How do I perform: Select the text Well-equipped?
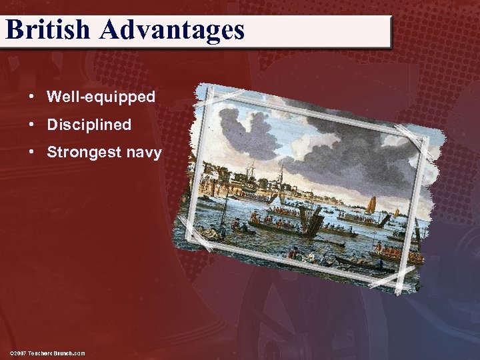[101, 97]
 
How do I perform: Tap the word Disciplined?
[89, 125]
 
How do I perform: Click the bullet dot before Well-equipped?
[32, 97]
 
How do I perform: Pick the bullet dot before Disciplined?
[32, 125]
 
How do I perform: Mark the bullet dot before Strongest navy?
[32, 153]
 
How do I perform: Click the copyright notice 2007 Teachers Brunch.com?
[47, 353]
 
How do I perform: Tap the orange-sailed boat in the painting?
[371, 203]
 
